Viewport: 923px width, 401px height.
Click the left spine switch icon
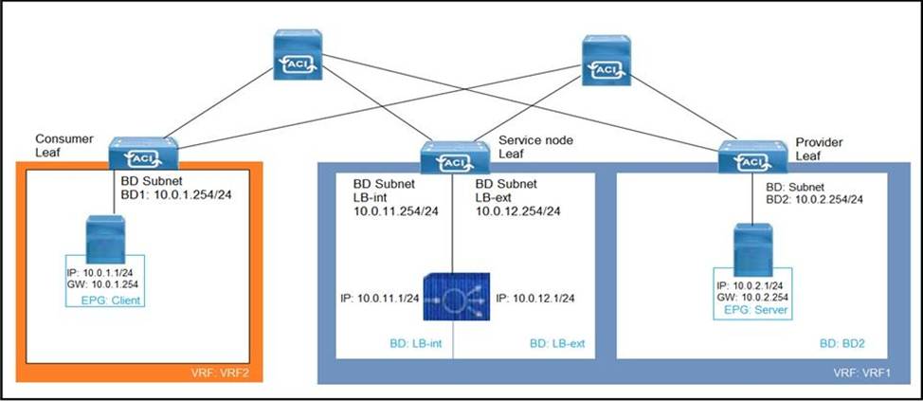point(298,55)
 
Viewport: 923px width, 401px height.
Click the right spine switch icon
point(606,60)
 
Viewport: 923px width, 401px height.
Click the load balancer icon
point(456,297)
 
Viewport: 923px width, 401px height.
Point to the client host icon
point(106,239)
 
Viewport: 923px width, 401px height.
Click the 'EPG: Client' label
point(115,301)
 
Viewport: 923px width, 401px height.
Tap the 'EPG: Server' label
point(761,310)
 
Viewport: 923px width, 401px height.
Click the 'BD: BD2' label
point(842,343)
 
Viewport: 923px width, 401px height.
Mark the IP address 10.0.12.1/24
point(535,298)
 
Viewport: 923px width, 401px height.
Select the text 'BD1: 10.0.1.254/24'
point(175,193)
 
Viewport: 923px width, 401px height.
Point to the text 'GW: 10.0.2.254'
point(752,298)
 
